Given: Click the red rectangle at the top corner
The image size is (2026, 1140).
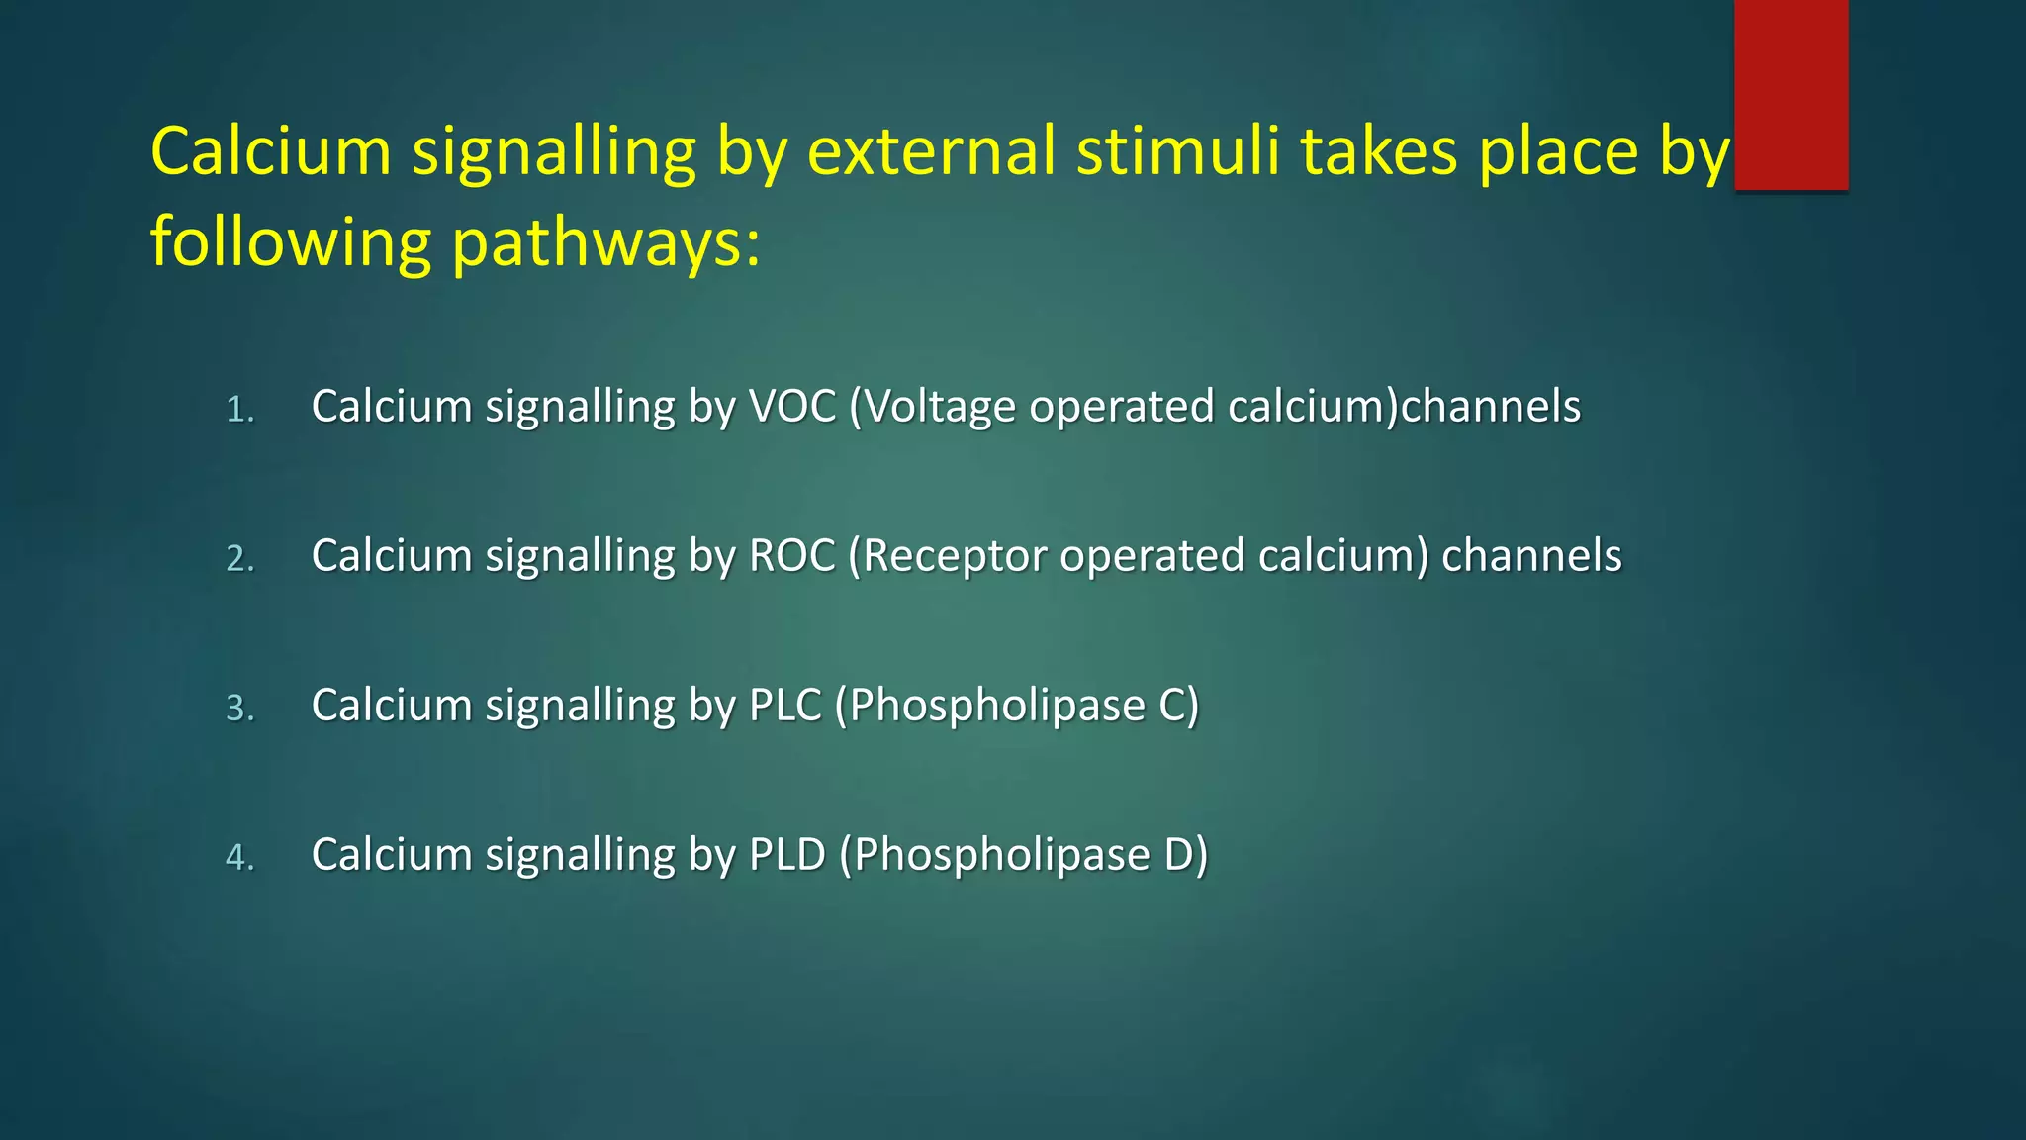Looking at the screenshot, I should (x=1791, y=94).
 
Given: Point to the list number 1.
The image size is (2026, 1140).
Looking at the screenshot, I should (x=239, y=410).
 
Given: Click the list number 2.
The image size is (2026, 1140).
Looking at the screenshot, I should (x=239, y=559).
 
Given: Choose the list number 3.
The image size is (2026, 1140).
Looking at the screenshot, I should (x=239, y=709).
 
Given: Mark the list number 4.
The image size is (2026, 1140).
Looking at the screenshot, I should (x=239, y=858).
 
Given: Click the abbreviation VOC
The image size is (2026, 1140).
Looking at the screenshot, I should (x=792, y=407).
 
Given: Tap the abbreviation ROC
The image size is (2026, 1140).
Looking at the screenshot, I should (x=792, y=556).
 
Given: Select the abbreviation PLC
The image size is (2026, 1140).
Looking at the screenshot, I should (x=785, y=706).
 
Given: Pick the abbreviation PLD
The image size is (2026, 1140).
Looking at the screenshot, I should (x=787, y=855).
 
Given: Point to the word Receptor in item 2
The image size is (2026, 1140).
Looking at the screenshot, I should (x=954, y=556).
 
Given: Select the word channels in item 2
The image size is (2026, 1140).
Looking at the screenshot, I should (x=1531, y=556).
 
